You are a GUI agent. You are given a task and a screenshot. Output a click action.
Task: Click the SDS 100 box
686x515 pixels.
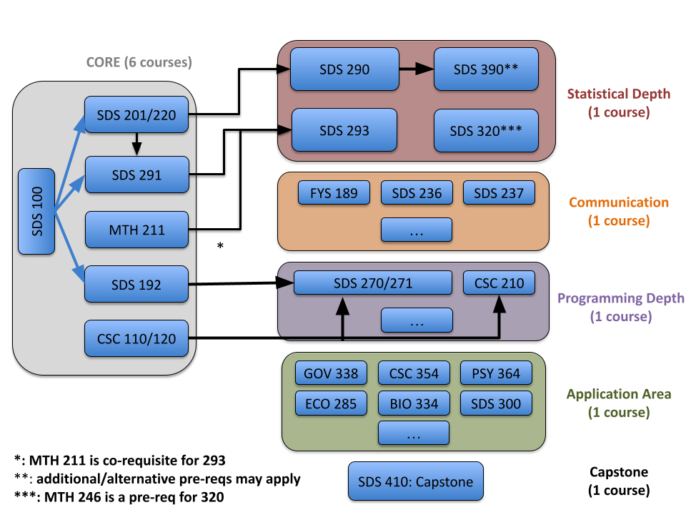[x=36, y=211]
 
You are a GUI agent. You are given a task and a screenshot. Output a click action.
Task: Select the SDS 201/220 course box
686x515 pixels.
[x=136, y=114]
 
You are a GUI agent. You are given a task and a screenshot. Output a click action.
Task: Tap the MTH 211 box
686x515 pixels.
[x=136, y=230]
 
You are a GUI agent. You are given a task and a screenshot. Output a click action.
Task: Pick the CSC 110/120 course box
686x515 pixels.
[x=136, y=338]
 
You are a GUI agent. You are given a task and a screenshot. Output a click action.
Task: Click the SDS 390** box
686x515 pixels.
[x=486, y=69]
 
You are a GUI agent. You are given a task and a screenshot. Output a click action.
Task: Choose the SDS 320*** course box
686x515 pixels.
[x=486, y=131]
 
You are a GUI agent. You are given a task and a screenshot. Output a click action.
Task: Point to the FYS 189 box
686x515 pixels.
[x=334, y=192]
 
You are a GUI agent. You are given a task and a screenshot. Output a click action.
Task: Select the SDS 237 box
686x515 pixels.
[x=498, y=192]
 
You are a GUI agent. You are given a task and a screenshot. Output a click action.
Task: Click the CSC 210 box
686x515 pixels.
[x=498, y=283]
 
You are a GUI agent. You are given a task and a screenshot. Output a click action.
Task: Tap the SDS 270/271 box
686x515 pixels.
[x=373, y=283]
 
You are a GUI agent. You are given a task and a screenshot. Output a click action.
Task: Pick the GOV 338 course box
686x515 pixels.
[x=331, y=373]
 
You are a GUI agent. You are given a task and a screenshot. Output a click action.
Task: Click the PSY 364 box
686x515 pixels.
[x=496, y=373]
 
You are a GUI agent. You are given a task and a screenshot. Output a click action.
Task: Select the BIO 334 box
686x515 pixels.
[x=414, y=403]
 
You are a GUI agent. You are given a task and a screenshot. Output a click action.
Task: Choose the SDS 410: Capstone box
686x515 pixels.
[x=415, y=481]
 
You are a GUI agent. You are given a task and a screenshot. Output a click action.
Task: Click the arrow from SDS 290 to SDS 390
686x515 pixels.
[x=416, y=69]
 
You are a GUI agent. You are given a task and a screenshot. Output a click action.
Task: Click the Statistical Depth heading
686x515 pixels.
[x=618, y=94]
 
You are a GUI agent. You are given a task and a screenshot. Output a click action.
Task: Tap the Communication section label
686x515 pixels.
[x=618, y=202]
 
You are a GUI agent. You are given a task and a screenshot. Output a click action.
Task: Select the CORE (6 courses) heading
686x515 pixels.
[x=139, y=62]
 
